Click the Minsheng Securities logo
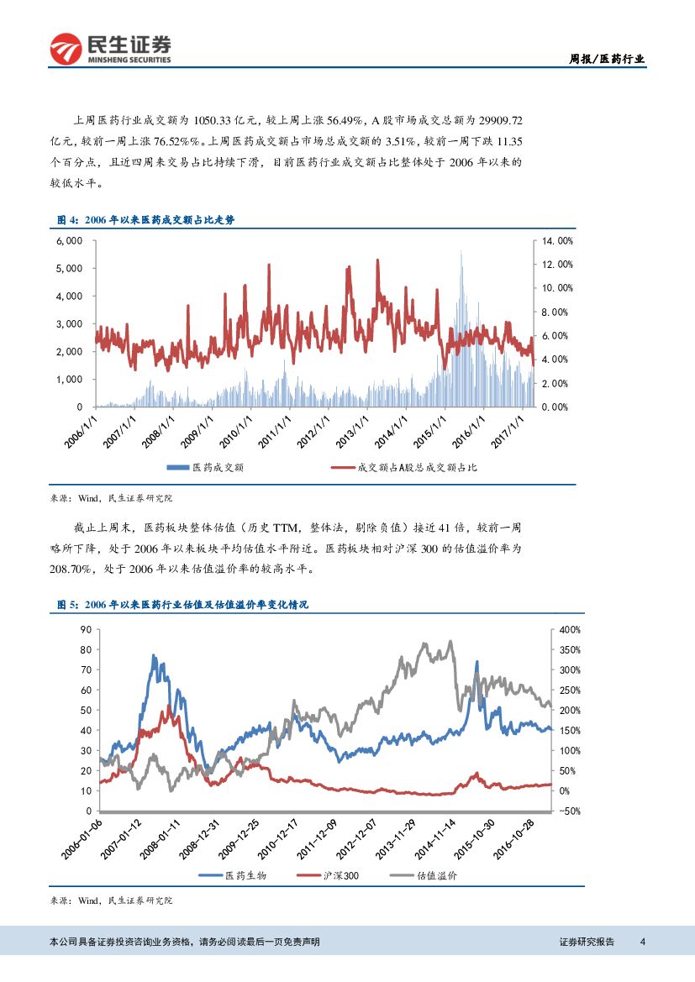click(x=110, y=50)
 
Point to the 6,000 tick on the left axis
click(x=69, y=240)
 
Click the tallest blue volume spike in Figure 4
click(x=461, y=252)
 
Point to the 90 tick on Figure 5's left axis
click(x=84, y=629)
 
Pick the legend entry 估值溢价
click(x=437, y=875)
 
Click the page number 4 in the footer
click(x=642, y=942)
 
